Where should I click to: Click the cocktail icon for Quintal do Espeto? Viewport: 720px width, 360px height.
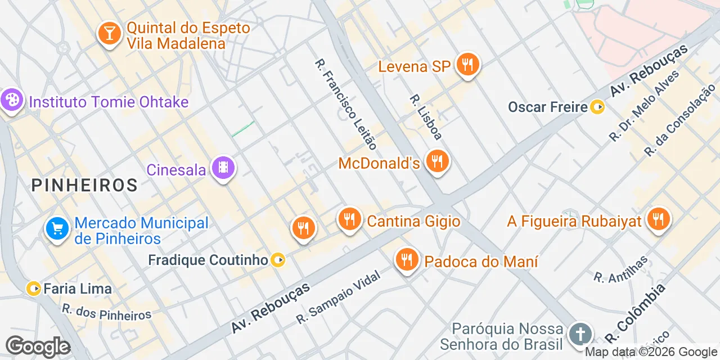tap(109, 33)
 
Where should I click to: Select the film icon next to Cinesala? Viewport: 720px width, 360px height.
tap(223, 167)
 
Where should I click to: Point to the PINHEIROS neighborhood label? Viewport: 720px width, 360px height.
tap(84, 184)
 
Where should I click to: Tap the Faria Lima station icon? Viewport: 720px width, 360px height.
tap(34, 289)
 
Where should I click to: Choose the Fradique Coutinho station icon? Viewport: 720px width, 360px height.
tap(278, 260)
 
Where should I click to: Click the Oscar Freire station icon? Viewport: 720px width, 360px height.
tap(597, 106)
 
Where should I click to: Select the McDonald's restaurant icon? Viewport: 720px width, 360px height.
tap(436, 161)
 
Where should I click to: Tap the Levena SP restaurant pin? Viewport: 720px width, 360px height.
tap(467, 65)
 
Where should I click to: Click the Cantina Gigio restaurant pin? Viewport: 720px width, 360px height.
tap(350, 219)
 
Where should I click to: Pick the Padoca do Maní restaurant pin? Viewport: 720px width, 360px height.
tap(406, 259)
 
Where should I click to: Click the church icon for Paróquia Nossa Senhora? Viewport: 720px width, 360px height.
tap(579, 334)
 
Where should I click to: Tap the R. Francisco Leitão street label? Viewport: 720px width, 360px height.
tap(345, 103)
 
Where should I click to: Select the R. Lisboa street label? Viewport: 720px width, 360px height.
tap(426, 116)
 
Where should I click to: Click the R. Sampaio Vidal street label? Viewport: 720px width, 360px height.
tap(338, 296)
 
